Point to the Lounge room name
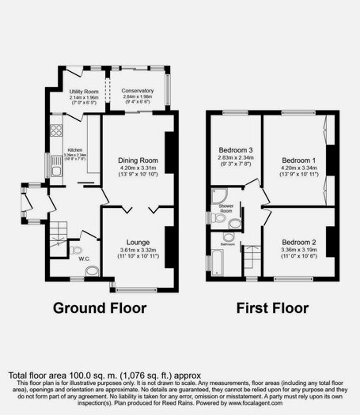click(x=137, y=243)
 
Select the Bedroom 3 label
click(x=235, y=150)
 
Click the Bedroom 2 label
click(x=296, y=243)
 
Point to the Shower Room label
click(x=225, y=209)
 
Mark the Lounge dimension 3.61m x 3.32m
click(x=138, y=252)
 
